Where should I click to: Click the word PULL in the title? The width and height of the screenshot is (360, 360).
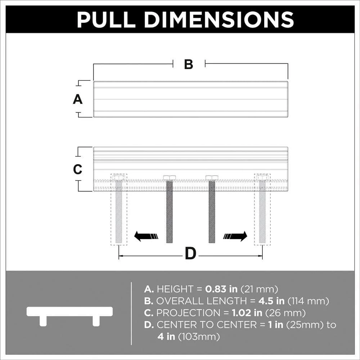106,19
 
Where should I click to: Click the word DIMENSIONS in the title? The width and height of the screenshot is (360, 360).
219,19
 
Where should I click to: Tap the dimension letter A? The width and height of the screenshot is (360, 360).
78,99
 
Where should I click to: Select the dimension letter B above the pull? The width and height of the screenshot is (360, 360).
189,64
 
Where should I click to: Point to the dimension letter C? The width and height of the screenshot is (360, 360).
78,170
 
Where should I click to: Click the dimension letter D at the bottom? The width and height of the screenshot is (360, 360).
190,253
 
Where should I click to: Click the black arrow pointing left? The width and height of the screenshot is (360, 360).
146,236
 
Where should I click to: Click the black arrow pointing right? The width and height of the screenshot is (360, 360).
235,236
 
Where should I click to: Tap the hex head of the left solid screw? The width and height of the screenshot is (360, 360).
170,177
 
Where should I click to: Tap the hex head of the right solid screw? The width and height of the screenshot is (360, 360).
212,177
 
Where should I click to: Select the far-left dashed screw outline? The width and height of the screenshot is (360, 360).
119,210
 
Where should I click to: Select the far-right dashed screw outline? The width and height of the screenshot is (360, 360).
262,210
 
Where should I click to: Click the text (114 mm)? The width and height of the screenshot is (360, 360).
308,301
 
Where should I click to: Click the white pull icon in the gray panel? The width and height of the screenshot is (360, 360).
69,316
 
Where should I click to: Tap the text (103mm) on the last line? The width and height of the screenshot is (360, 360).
199,337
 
